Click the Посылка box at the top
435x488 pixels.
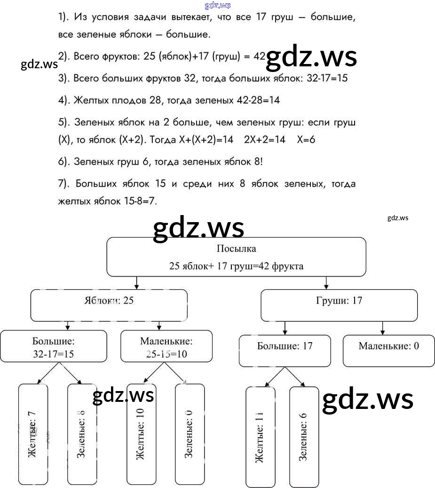(236, 257)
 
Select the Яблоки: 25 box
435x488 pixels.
(109, 305)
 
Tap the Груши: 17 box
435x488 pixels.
(339, 305)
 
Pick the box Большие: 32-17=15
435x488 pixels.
(53, 348)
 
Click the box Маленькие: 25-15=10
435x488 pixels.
(166, 348)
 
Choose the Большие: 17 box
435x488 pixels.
(285, 351)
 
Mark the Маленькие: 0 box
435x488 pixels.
(388, 351)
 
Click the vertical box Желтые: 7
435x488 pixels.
(33, 434)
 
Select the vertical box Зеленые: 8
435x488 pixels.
(82, 434)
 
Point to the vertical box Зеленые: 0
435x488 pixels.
(190, 434)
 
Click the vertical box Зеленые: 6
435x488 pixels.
(304, 437)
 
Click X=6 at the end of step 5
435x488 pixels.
(306, 140)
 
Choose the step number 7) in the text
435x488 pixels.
(64, 184)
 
